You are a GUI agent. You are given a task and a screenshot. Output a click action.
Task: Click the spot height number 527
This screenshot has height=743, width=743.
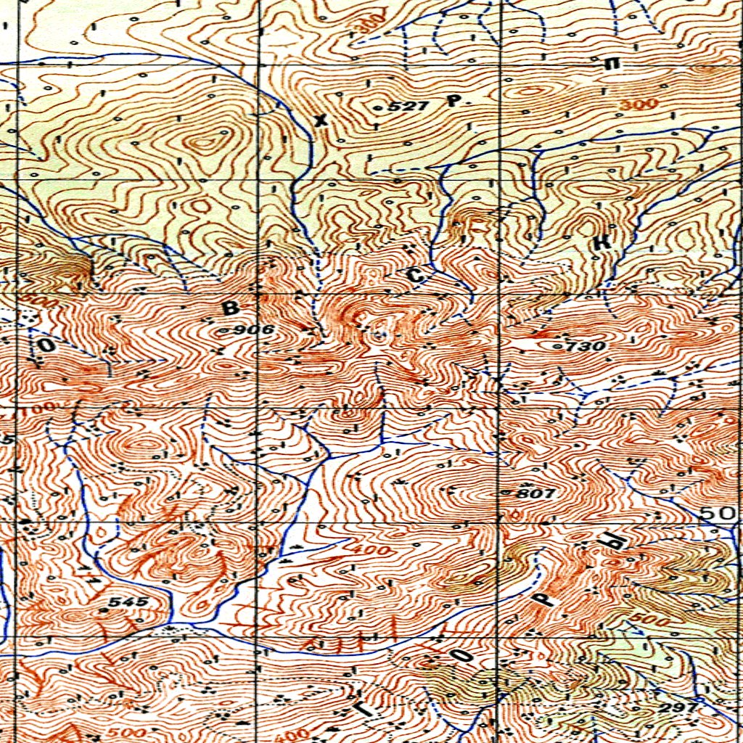pyautogui.click(x=410, y=107)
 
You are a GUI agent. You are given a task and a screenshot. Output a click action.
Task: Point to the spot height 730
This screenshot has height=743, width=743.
pyautogui.click(x=586, y=346)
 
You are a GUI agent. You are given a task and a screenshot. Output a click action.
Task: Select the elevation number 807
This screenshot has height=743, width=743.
pyautogui.click(x=535, y=493)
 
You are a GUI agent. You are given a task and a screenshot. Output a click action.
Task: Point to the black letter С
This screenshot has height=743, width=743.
pyautogui.click(x=415, y=275)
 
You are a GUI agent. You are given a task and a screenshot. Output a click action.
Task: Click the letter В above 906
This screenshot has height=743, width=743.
pyautogui.click(x=230, y=308)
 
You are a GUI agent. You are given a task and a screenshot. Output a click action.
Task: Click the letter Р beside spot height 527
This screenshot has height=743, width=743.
pyautogui.click(x=453, y=102)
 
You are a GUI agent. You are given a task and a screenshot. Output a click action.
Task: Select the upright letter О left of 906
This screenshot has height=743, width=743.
pyautogui.click(x=45, y=346)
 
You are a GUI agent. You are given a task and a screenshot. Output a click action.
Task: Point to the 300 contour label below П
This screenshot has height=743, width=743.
pyautogui.click(x=639, y=104)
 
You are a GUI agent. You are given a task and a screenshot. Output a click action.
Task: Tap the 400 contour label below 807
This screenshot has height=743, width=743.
pyautogui.click(x=369, y=550)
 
